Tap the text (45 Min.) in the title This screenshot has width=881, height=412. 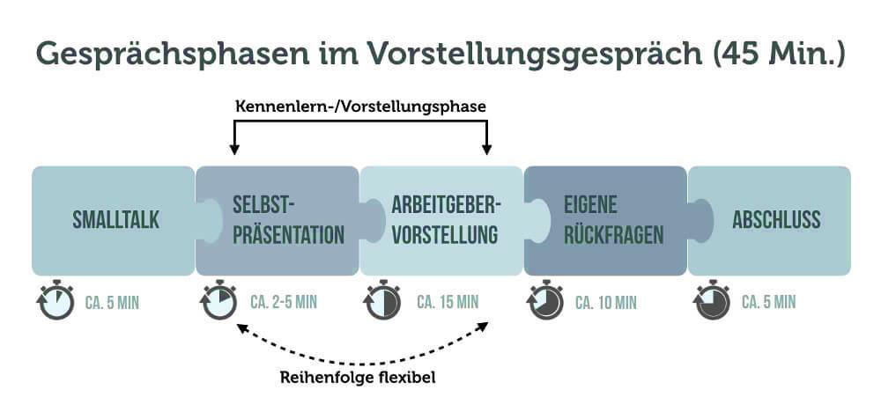(x=776, y=53)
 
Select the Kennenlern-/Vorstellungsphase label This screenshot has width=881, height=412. (x=361, y=106)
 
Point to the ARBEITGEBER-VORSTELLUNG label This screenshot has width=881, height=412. (x=446, y=220)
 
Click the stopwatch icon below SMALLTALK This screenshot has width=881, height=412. (x=56, y=300)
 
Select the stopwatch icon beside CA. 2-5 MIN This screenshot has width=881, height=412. (x=218, y=300)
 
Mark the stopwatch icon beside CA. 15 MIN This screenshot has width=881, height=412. (x=382, y=300)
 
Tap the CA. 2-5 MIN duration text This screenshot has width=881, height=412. (x=284, y=303)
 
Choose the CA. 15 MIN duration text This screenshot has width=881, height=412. (x=448, y=303)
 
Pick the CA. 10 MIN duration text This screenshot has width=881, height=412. (x=606, y=303)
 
